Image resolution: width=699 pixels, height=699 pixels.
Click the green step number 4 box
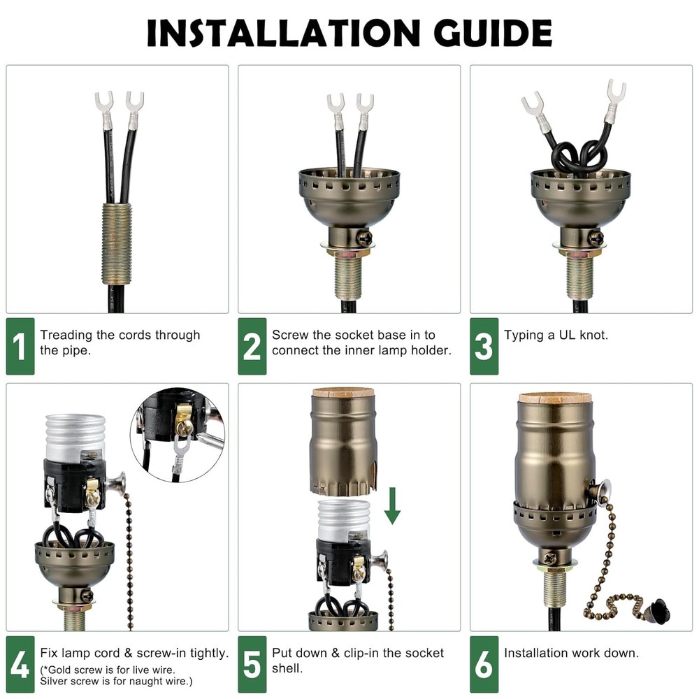20,665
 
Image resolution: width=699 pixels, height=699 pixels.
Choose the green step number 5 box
252,665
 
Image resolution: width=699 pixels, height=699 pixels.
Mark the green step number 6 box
484,665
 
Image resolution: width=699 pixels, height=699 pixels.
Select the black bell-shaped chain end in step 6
658,612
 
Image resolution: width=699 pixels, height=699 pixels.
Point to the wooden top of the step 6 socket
555,398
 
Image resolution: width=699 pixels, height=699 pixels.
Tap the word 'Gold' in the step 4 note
61,670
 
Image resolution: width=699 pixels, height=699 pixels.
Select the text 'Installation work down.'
571,653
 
